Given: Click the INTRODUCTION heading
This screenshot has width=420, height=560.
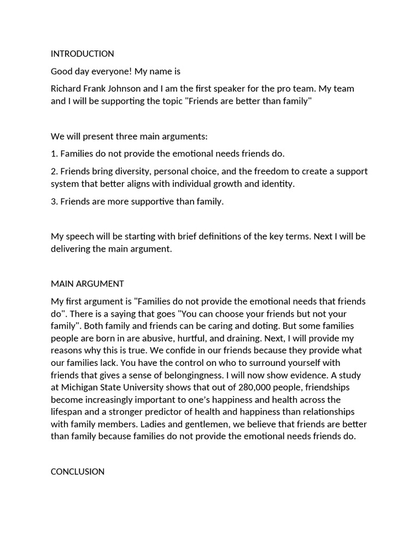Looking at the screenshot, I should pyautogui.click(x=82, y=54).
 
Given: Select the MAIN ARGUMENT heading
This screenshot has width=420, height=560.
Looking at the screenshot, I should pyautogui.click(x=87, y=284).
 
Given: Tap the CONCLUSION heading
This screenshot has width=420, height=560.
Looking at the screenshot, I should pyautogui.click(x=77, y=471).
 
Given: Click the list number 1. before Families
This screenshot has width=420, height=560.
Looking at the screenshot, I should pyautogui.click(x=54, y=154).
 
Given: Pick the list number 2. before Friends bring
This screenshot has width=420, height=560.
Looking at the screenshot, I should pyautogui.click(x=54, y=171).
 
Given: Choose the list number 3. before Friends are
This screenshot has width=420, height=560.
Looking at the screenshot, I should pyautogui.click(x=54, y=201).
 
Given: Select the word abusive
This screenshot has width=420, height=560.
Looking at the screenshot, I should pyautogui.click(x=156, y=338).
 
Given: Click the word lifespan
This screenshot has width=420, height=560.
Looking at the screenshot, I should pyautogui.click(x=67, y=412).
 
